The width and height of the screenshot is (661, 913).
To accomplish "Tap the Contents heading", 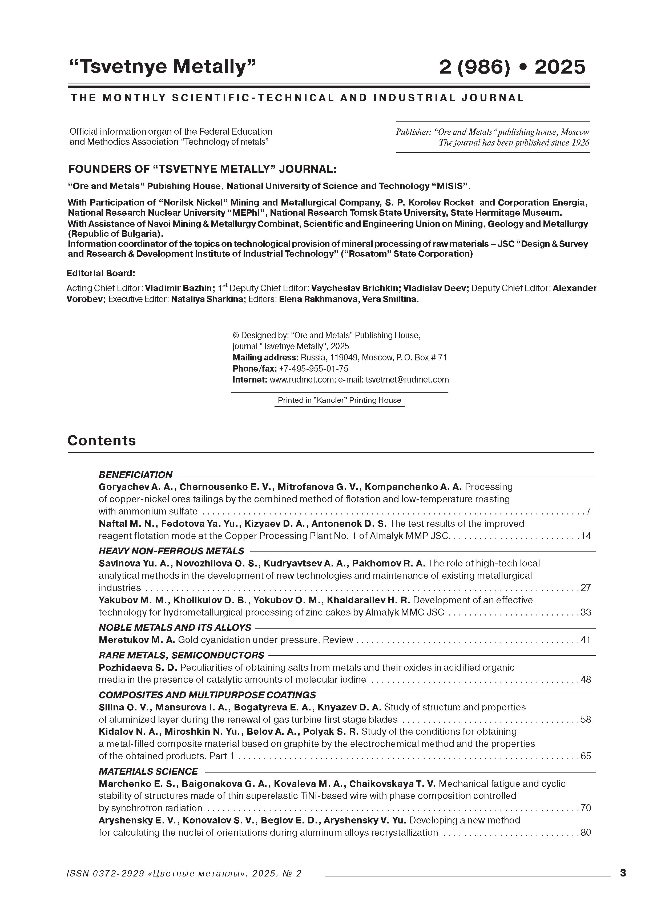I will [102, 440].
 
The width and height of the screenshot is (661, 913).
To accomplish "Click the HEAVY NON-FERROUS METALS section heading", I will [171, 551].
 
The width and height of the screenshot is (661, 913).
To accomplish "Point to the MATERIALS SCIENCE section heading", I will [148, 771].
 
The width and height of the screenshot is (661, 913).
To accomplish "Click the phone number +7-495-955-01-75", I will [313, 368].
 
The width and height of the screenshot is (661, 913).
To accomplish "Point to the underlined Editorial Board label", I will [101, 273].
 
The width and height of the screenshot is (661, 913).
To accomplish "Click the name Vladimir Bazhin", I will [178, 288].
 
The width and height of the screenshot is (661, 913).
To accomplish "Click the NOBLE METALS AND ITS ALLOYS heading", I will [175, 628].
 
